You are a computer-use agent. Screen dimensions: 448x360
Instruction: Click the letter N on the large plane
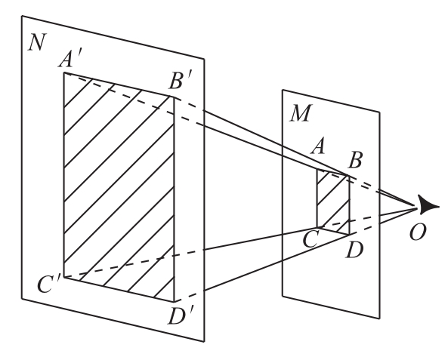click(x=36, y=43)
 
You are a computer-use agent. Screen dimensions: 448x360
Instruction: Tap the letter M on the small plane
click(x=300, y=113)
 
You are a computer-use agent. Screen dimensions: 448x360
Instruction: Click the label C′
click(x=49, y=285)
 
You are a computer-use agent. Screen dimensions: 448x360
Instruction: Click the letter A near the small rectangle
click(x=318, y=146)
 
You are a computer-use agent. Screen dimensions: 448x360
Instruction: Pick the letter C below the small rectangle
click(x=310, y=239)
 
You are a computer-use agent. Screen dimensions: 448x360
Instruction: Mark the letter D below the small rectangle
click(x=354, y=250)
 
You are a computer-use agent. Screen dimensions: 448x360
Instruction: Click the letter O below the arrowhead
click(x=418, y=232)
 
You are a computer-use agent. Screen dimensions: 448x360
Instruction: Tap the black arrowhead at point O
click(x=428, y=205)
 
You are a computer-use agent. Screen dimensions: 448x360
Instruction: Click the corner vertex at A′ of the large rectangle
click(x=64, y=73)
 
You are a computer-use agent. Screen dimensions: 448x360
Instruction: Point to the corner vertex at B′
click(x=174, y=97)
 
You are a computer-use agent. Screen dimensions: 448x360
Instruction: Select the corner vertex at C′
click(x=64, y=277)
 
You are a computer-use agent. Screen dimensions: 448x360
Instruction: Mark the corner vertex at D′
click(x=174, y=301)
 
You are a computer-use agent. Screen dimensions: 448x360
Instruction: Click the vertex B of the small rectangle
click(x=349, y=176)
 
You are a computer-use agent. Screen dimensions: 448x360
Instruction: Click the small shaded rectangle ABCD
click(x=333, y=202)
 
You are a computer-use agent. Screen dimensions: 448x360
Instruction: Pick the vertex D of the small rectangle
click(x=349, y=235)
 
